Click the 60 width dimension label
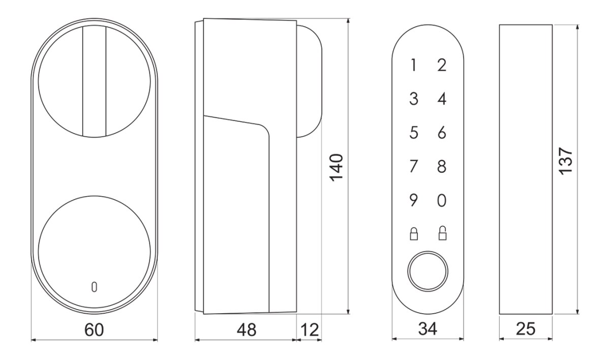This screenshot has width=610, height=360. click(x=94, y=330)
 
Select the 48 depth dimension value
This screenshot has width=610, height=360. click(x=246, y=330)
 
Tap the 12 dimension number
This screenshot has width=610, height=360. click(x=310, y=330)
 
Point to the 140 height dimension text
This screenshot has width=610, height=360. click(x=336, y=167)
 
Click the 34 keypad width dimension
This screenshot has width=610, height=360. click(x=428, y=328)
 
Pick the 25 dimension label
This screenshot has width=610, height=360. click(x=526, y=328)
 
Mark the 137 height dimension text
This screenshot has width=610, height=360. click(x=566, y=161)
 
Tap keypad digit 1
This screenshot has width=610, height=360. click(x=414, y=65)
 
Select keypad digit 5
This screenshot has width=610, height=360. click(x=414, y=133)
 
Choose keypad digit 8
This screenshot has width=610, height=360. click(x=442, y=166)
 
